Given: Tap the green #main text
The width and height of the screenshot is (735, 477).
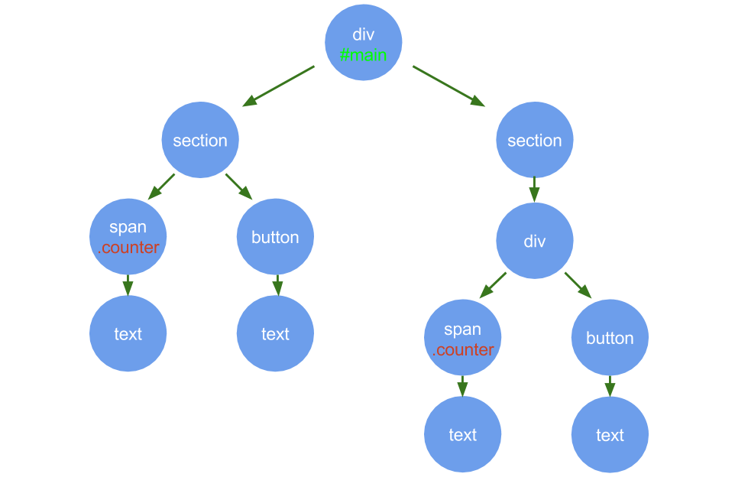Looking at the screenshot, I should (364, 55).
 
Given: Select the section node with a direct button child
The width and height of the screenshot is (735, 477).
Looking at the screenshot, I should (200, 140).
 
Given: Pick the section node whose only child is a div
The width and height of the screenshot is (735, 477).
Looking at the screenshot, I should (534, 140).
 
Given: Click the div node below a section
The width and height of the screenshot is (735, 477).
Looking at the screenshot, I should (534, 241).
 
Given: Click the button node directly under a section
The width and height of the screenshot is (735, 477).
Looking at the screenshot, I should (275, 237).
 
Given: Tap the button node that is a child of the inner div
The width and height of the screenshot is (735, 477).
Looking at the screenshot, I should (610, 338).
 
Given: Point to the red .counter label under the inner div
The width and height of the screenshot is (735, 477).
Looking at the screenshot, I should (463, 350).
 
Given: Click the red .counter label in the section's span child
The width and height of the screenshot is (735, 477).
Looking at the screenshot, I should (128, 248).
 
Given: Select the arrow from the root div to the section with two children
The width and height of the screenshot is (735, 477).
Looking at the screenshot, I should (279, 85).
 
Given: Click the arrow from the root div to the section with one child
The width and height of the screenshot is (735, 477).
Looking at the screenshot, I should (448, 85).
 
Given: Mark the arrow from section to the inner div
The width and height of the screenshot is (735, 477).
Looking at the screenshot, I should (534, 189).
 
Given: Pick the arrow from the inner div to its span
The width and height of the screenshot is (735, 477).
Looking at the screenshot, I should (493, 284).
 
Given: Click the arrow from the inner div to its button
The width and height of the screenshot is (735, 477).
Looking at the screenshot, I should (578, 284).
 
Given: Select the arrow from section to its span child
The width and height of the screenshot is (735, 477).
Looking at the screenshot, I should (161, 187).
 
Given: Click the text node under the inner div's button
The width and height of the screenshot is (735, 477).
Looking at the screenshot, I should (610, 435).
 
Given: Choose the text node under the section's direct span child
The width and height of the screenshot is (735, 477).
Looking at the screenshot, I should (128, 334).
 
